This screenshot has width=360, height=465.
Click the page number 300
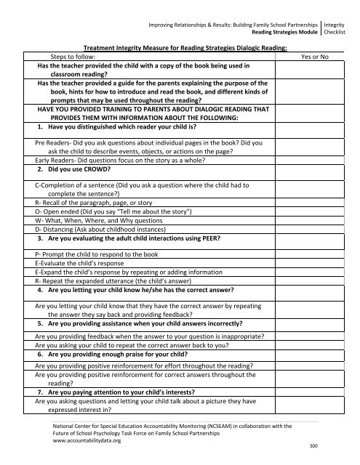click(314, 445)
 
